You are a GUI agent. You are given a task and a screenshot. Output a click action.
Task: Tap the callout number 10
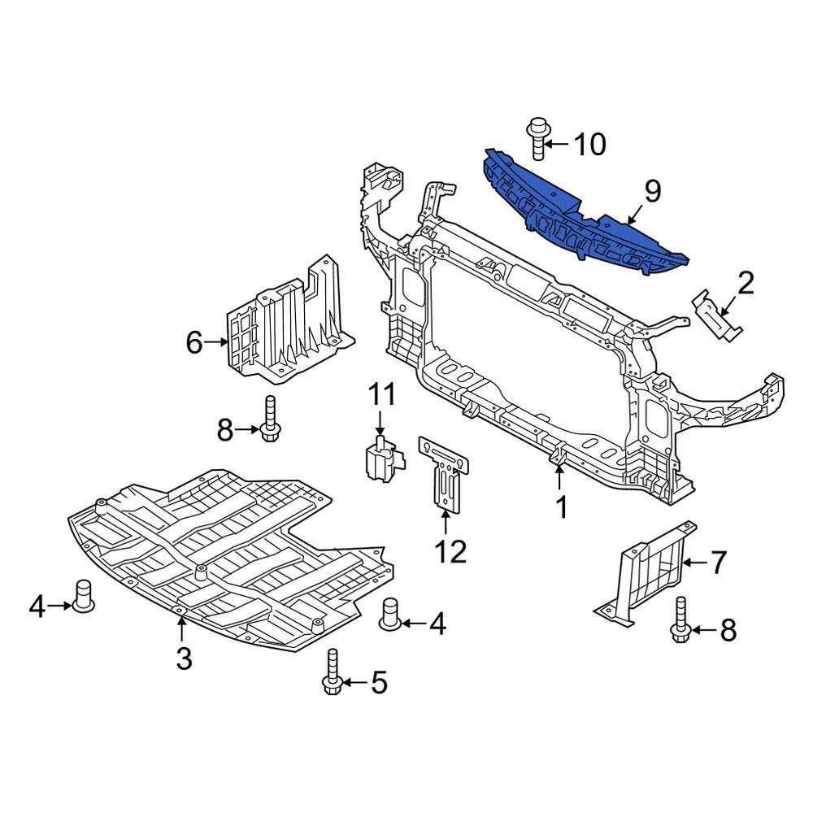(590, 145)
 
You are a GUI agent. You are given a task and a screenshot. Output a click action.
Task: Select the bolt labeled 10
(537, 140)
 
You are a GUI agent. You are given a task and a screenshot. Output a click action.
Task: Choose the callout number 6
(193, 342)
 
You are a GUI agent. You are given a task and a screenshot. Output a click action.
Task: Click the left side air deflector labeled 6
(289, 325)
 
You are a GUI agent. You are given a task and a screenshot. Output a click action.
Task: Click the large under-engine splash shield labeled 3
(228, 561)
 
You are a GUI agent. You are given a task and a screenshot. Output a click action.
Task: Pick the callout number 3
(184, 658)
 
